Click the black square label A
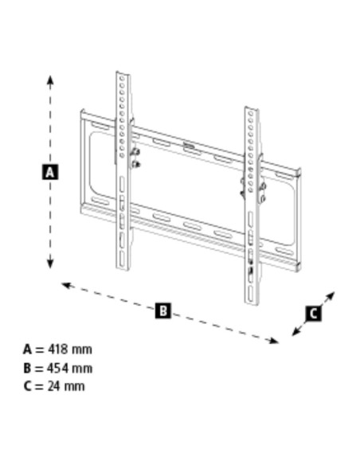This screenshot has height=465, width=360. (49, 171)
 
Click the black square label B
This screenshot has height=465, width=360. (162, 311)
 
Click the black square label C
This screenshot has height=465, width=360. (313, 313)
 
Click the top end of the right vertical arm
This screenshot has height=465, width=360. (250, 108)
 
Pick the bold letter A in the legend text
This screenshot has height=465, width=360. (27, 350)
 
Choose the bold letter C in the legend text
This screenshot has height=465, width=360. (27, 386)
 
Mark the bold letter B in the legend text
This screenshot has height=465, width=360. (27, 368)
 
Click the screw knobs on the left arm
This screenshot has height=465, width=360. (135, 157)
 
